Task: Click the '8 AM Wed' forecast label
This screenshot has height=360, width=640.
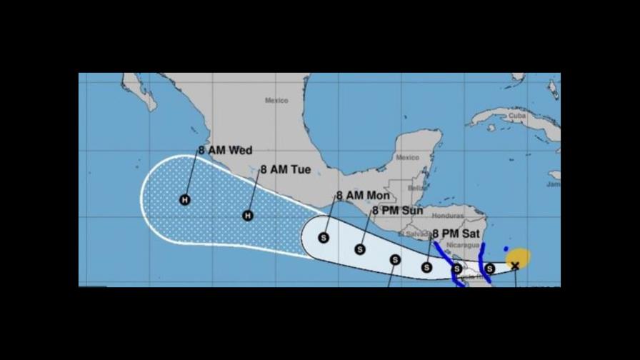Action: click(225, 151)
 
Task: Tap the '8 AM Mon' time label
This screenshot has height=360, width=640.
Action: click(364, 195)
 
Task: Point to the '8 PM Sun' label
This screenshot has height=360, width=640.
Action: click(397, 211)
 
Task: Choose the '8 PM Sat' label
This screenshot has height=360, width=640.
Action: click(456, 234)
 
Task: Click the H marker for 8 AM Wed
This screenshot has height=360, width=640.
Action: click(185, 200)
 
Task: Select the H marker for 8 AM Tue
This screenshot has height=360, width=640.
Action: click(248, 215)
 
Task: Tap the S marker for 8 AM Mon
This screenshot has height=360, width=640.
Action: click(324, 238)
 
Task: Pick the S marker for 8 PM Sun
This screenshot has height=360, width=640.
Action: click(360, 249)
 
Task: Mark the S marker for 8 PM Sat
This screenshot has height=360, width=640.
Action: click(426, 267)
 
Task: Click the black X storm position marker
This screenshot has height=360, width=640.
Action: click(515, 266)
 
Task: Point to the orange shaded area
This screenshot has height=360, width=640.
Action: click(519, 256)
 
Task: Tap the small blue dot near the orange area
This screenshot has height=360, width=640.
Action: click(506, 249)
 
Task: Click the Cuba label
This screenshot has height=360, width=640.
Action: click(516, 115)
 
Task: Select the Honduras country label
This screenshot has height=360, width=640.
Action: click(448, 216)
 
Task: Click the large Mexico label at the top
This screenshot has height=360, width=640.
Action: click(276, 101)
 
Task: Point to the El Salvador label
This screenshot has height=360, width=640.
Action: click(414, 233)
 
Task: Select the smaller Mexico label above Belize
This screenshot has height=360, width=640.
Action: click(408, 158)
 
